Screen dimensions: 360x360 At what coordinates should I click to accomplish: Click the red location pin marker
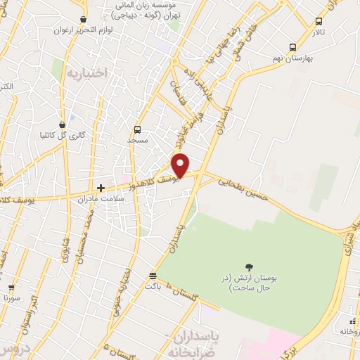pos(181,166)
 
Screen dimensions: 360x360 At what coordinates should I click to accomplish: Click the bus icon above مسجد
pos(137,129)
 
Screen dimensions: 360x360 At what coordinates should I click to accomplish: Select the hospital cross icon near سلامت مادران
pos(101,188)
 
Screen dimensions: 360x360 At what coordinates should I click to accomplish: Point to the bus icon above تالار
pos(319,21)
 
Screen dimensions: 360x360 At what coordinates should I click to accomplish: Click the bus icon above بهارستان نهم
pos(292,47)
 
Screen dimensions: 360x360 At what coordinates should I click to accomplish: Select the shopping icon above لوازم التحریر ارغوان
pos(84,20)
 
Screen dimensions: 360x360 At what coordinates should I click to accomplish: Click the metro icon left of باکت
pos(153,275)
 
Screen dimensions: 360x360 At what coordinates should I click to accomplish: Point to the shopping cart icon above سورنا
pos(11,288)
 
